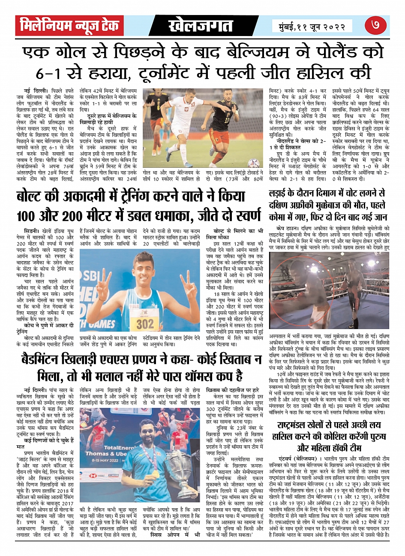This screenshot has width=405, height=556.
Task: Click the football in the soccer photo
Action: (254, 163)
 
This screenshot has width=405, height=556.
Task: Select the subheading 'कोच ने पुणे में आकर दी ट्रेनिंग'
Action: (42, 328)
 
